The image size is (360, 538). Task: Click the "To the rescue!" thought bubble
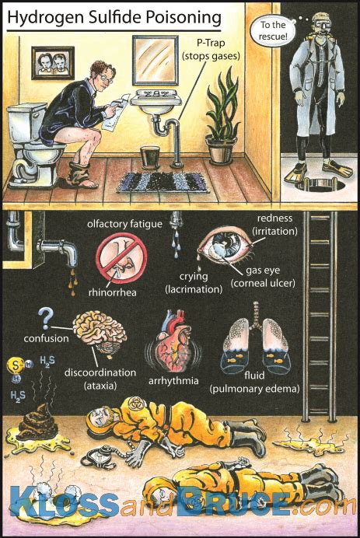pos(272,30)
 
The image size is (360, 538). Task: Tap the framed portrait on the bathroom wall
pos(53,63)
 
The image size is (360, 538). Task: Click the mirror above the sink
pos(156,60)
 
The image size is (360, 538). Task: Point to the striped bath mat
pos(163,181)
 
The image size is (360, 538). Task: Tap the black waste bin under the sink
pos(150,158)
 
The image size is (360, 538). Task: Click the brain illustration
pos(100,335)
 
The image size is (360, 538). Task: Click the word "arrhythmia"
pos(173,382)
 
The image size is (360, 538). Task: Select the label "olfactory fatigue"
pos(124,224)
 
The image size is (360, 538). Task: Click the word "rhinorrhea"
pos(112,292)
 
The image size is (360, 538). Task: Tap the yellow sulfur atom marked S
pos(15,365)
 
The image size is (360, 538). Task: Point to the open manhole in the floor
pos(320,184)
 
